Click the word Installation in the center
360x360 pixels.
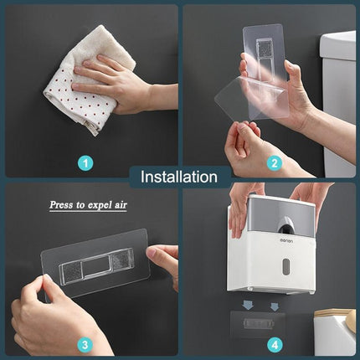[x=179, y=177]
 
